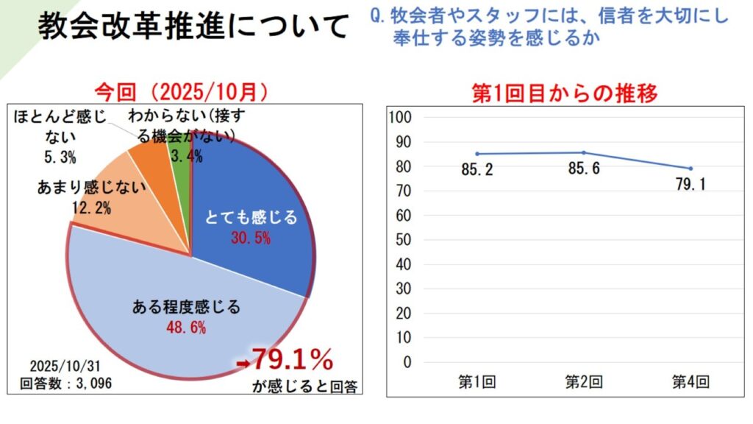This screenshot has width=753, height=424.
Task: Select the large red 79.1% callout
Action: pos(293,359)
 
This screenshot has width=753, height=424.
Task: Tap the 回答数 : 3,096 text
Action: pos(65,383)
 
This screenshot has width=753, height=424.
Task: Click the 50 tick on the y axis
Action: pos(405,240)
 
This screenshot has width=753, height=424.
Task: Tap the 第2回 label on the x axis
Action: pos(584,381)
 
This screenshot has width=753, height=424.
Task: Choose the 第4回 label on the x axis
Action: pos(690,381)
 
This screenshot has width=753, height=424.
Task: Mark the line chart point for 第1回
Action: pos(477,154)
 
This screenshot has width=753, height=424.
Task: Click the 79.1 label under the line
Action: pos(690,185)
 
